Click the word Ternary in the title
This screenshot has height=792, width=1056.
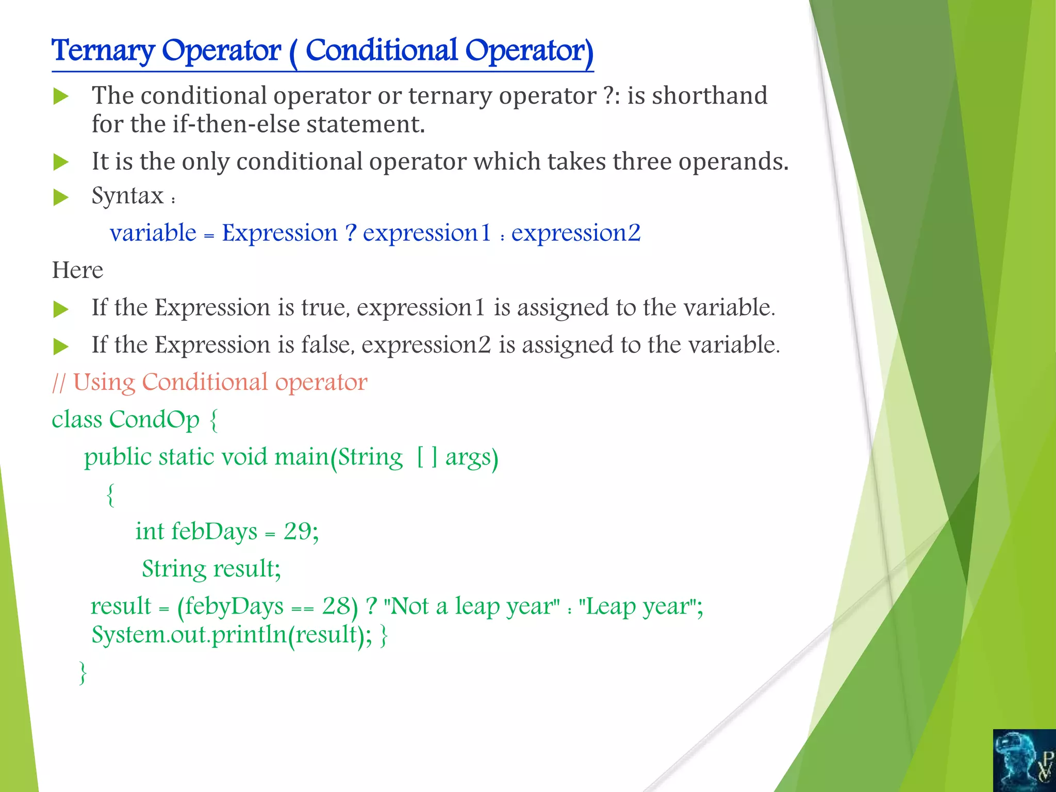coord(103,52)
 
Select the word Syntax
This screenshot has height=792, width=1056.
coord(127,196)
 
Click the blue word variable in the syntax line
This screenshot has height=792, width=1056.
coord(153,233)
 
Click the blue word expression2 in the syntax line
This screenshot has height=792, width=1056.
coord(575,233)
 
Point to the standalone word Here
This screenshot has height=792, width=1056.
coord(77,270)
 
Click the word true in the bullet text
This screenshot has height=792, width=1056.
coord(324,308)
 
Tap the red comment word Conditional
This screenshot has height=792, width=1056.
coord(205,383)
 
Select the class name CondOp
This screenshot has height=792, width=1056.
coord(154,420)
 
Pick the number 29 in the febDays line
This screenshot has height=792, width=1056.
coord(297,532)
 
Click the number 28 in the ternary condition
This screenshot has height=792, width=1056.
coord(336,606)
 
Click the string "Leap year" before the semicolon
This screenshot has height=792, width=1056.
coord(638,606)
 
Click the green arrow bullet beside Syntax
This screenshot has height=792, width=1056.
coord(61,197)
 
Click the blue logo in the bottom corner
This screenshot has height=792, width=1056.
coord(1024,761)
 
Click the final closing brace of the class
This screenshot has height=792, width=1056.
coord(82,673)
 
